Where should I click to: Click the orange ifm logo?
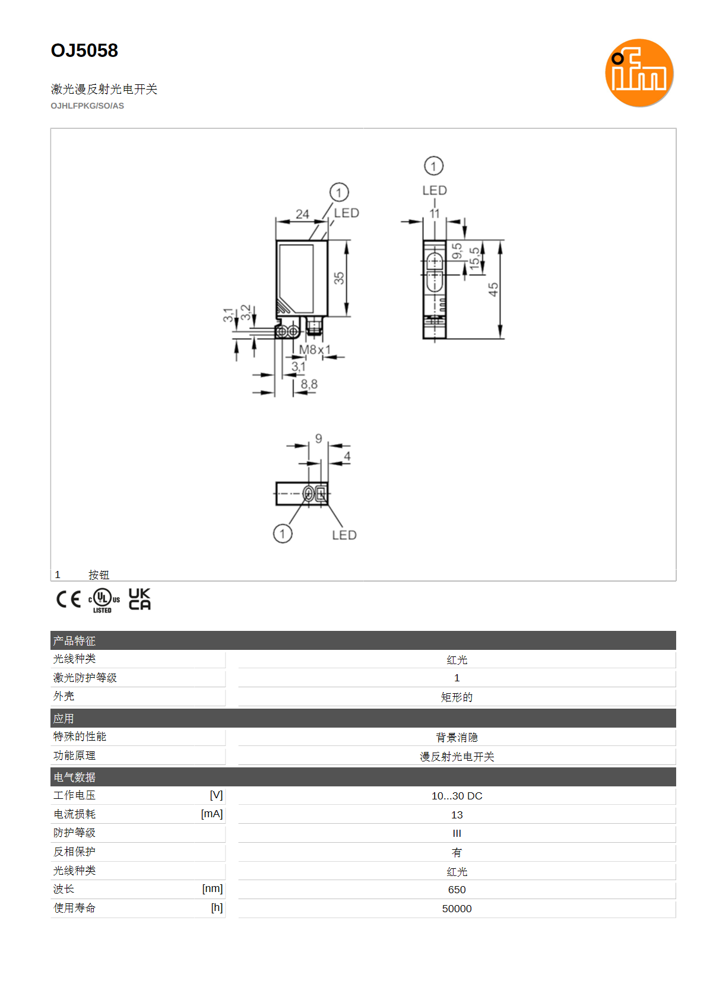pyautogui.click(x=639, y=73)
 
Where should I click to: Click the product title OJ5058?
pyautogui.click(x=84, y=50)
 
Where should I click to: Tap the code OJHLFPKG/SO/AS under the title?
pyautogui.click(x=87, y=106)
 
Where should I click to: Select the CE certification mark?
pyautogui.click(x=68, y=599)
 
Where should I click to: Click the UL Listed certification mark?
pyautogui.click(x=104, y=601)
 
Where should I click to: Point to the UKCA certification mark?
pyautogui.click(x=140, y=599)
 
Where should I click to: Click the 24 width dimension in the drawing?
pyautogui.click(x=302, y=214)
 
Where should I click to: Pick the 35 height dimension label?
pyautogui.click(x=339, y=278)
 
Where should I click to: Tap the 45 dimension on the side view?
pyautogui.click(x=493, y=289)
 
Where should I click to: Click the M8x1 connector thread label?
pyautogui.click(x=315, y=350)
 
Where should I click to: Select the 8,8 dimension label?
pyautogui.click(x=309, y=384)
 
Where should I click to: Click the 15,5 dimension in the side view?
pyautogui.click(x=474, y=258)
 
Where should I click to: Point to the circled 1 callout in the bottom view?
pyautogui.click(x=283, y=534)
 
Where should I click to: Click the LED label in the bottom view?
pyautogui.click(x=344, y=535)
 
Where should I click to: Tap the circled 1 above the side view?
pyautogui.click(x=433, y=166)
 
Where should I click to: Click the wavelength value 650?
pyautogui.click(x=457, y=890)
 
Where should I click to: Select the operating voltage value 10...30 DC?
pyautogui.click(x=457, y=796)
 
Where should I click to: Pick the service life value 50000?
pyautogui.click(x=457, y=909)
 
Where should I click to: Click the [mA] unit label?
pyautogui.click(x=212, y=814)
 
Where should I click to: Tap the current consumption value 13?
pyautogui.click(x=457, y=815)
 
